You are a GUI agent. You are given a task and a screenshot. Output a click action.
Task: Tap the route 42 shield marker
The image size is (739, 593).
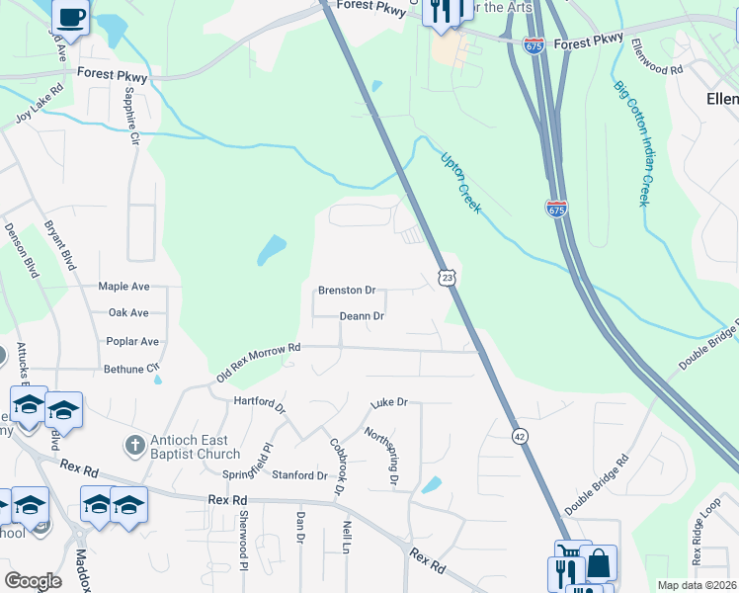(519, 435)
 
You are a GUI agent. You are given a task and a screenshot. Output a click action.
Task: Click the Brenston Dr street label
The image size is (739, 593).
(347, 291)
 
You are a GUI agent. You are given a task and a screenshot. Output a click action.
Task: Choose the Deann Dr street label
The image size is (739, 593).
(362, 316)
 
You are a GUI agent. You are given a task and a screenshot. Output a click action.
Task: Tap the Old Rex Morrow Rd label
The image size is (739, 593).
(257, 364)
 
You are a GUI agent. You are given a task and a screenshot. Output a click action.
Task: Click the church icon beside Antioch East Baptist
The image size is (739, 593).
(133, 447)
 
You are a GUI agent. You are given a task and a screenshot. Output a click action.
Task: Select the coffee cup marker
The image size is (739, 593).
(70, 17)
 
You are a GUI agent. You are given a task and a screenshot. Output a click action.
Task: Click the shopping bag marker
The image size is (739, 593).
(598, 564)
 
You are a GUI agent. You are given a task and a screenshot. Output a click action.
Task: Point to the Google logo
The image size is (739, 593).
(33, 581)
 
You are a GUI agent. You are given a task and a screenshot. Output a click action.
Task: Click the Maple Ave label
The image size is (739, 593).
(123, 287)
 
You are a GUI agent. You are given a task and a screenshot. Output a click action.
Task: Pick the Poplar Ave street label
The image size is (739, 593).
(132, 342)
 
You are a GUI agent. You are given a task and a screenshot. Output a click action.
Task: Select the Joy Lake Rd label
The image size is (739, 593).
(40, 103)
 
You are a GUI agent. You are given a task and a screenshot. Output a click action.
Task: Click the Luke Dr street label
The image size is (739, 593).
(389, 403)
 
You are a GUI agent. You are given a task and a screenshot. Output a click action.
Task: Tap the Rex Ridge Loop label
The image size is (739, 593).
(705, 539)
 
